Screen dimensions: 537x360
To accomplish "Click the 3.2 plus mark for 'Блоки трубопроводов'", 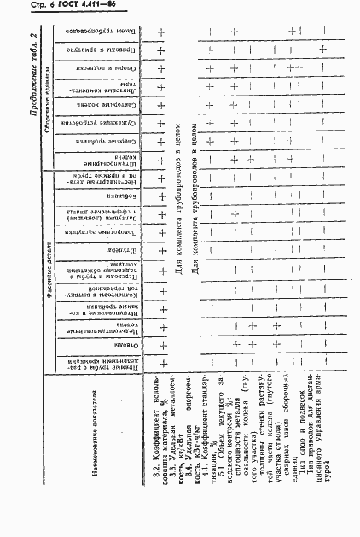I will pos(161,35).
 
